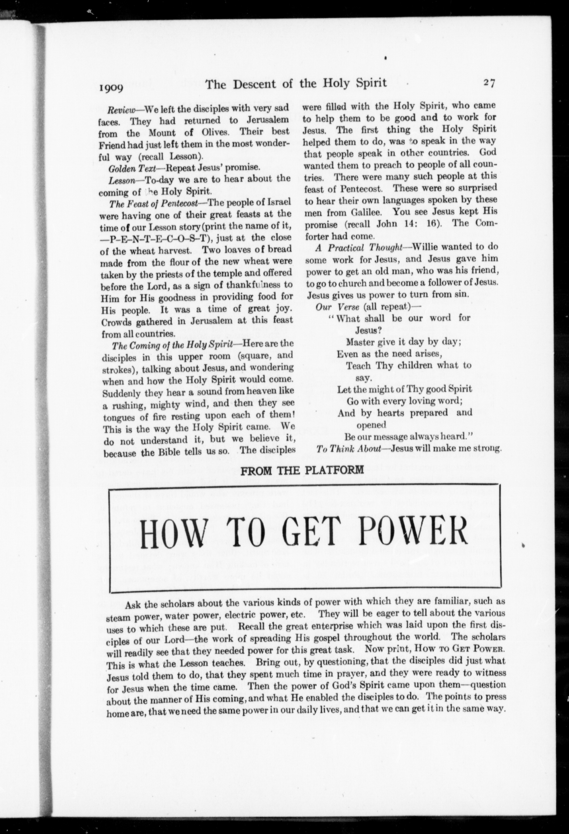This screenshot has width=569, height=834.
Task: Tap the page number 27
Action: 489,83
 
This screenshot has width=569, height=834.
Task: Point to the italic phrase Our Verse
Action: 337,307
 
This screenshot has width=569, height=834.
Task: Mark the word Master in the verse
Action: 360,342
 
